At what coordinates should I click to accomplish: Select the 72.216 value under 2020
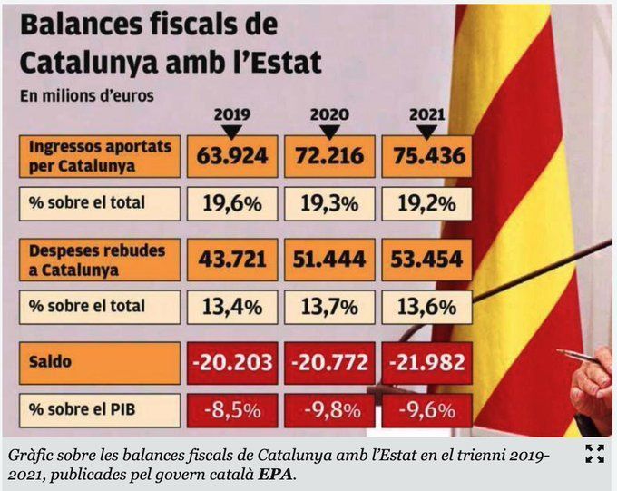(x=328, y=155)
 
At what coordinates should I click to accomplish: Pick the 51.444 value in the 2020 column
(x=328, y=260)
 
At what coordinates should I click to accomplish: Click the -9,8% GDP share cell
(x=328, y=409)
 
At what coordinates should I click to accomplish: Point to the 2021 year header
(x=426, y=115)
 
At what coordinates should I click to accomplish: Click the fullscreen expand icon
(x=594, y=454)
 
